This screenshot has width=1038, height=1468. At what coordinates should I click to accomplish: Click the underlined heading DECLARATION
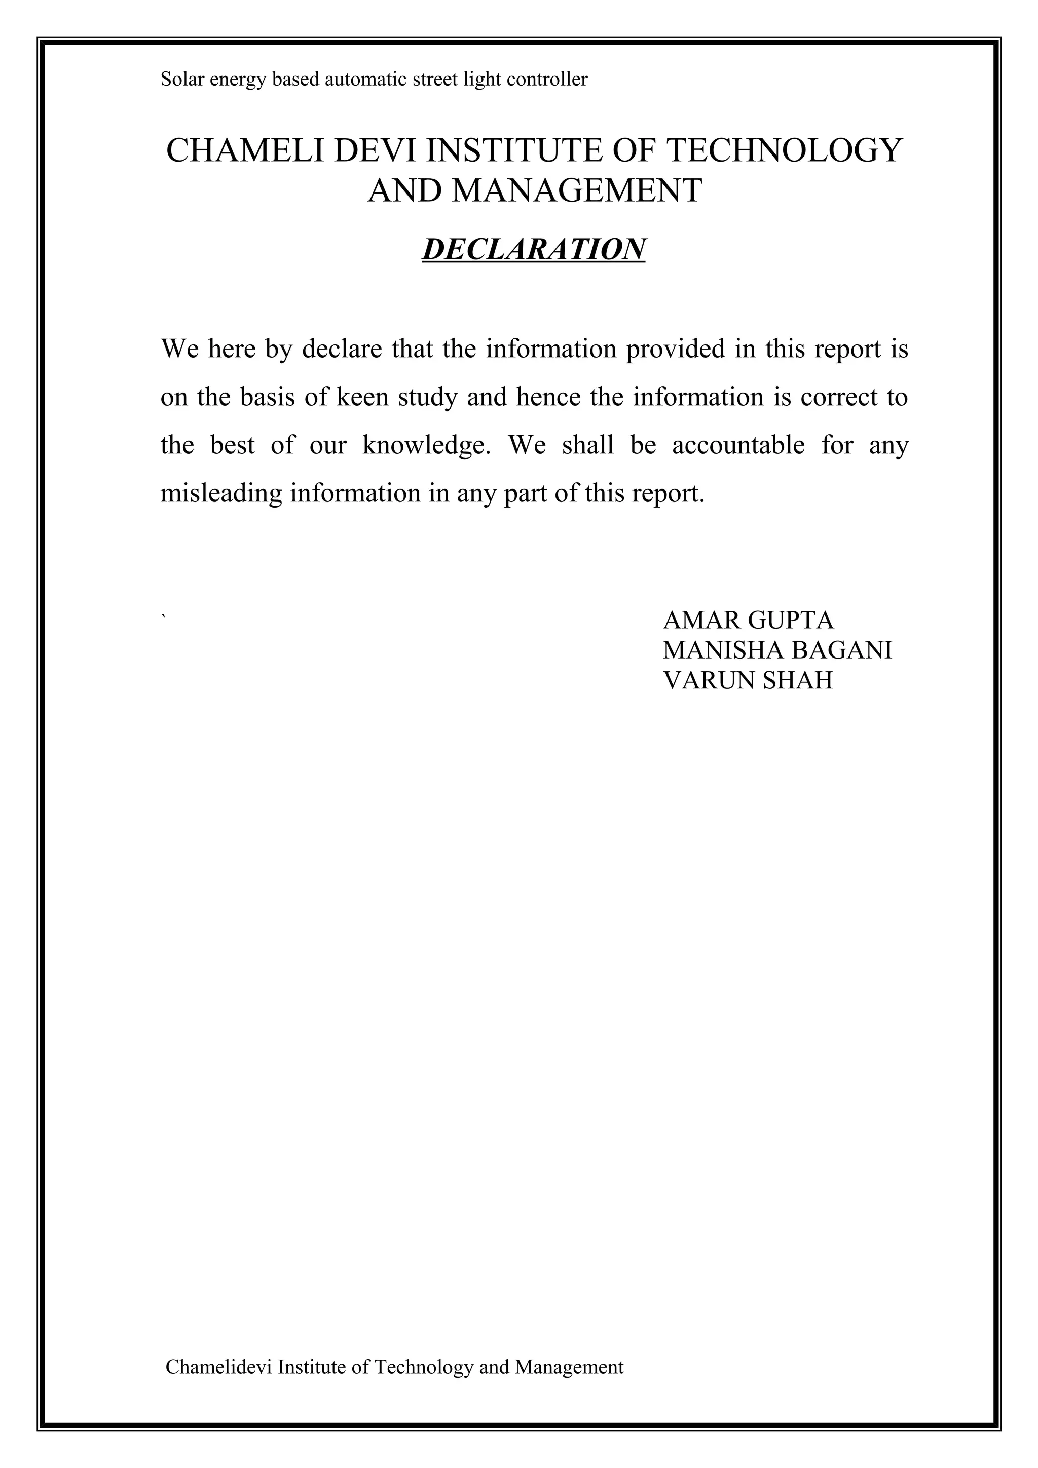pos(533,249)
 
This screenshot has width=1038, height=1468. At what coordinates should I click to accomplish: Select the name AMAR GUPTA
pos(748,620)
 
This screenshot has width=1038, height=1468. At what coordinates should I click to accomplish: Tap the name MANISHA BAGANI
pos(777,650)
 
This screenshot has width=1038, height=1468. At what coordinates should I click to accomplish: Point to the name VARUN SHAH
pos(748,680)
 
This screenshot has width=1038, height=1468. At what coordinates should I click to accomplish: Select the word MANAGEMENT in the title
pos(576,191)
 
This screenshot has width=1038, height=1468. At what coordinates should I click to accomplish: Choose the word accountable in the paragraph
pos(738,446)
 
